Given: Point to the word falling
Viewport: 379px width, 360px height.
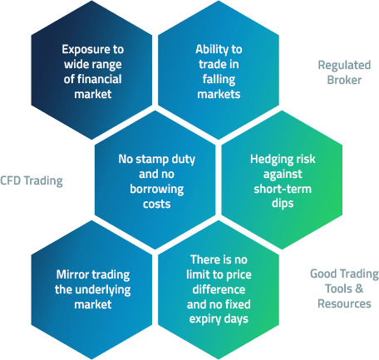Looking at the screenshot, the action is (219, 80).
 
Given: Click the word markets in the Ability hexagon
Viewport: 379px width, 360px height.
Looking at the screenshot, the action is (219, 94).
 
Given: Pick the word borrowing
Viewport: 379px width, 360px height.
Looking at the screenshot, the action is (157, 190).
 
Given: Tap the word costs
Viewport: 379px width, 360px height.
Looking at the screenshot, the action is (157, 205).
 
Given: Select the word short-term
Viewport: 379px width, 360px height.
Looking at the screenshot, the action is (283, 189).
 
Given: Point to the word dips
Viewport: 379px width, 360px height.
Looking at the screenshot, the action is (283, 204).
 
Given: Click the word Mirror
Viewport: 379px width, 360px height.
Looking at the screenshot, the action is (71, 274).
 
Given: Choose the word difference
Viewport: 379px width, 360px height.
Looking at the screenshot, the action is (219, 289).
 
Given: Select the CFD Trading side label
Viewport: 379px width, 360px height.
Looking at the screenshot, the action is (32, 180).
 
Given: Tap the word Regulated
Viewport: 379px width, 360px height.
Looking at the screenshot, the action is (344, 66).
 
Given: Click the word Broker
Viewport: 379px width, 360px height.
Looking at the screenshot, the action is (344, 81).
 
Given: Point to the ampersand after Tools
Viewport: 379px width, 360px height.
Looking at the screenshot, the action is (359, 288).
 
